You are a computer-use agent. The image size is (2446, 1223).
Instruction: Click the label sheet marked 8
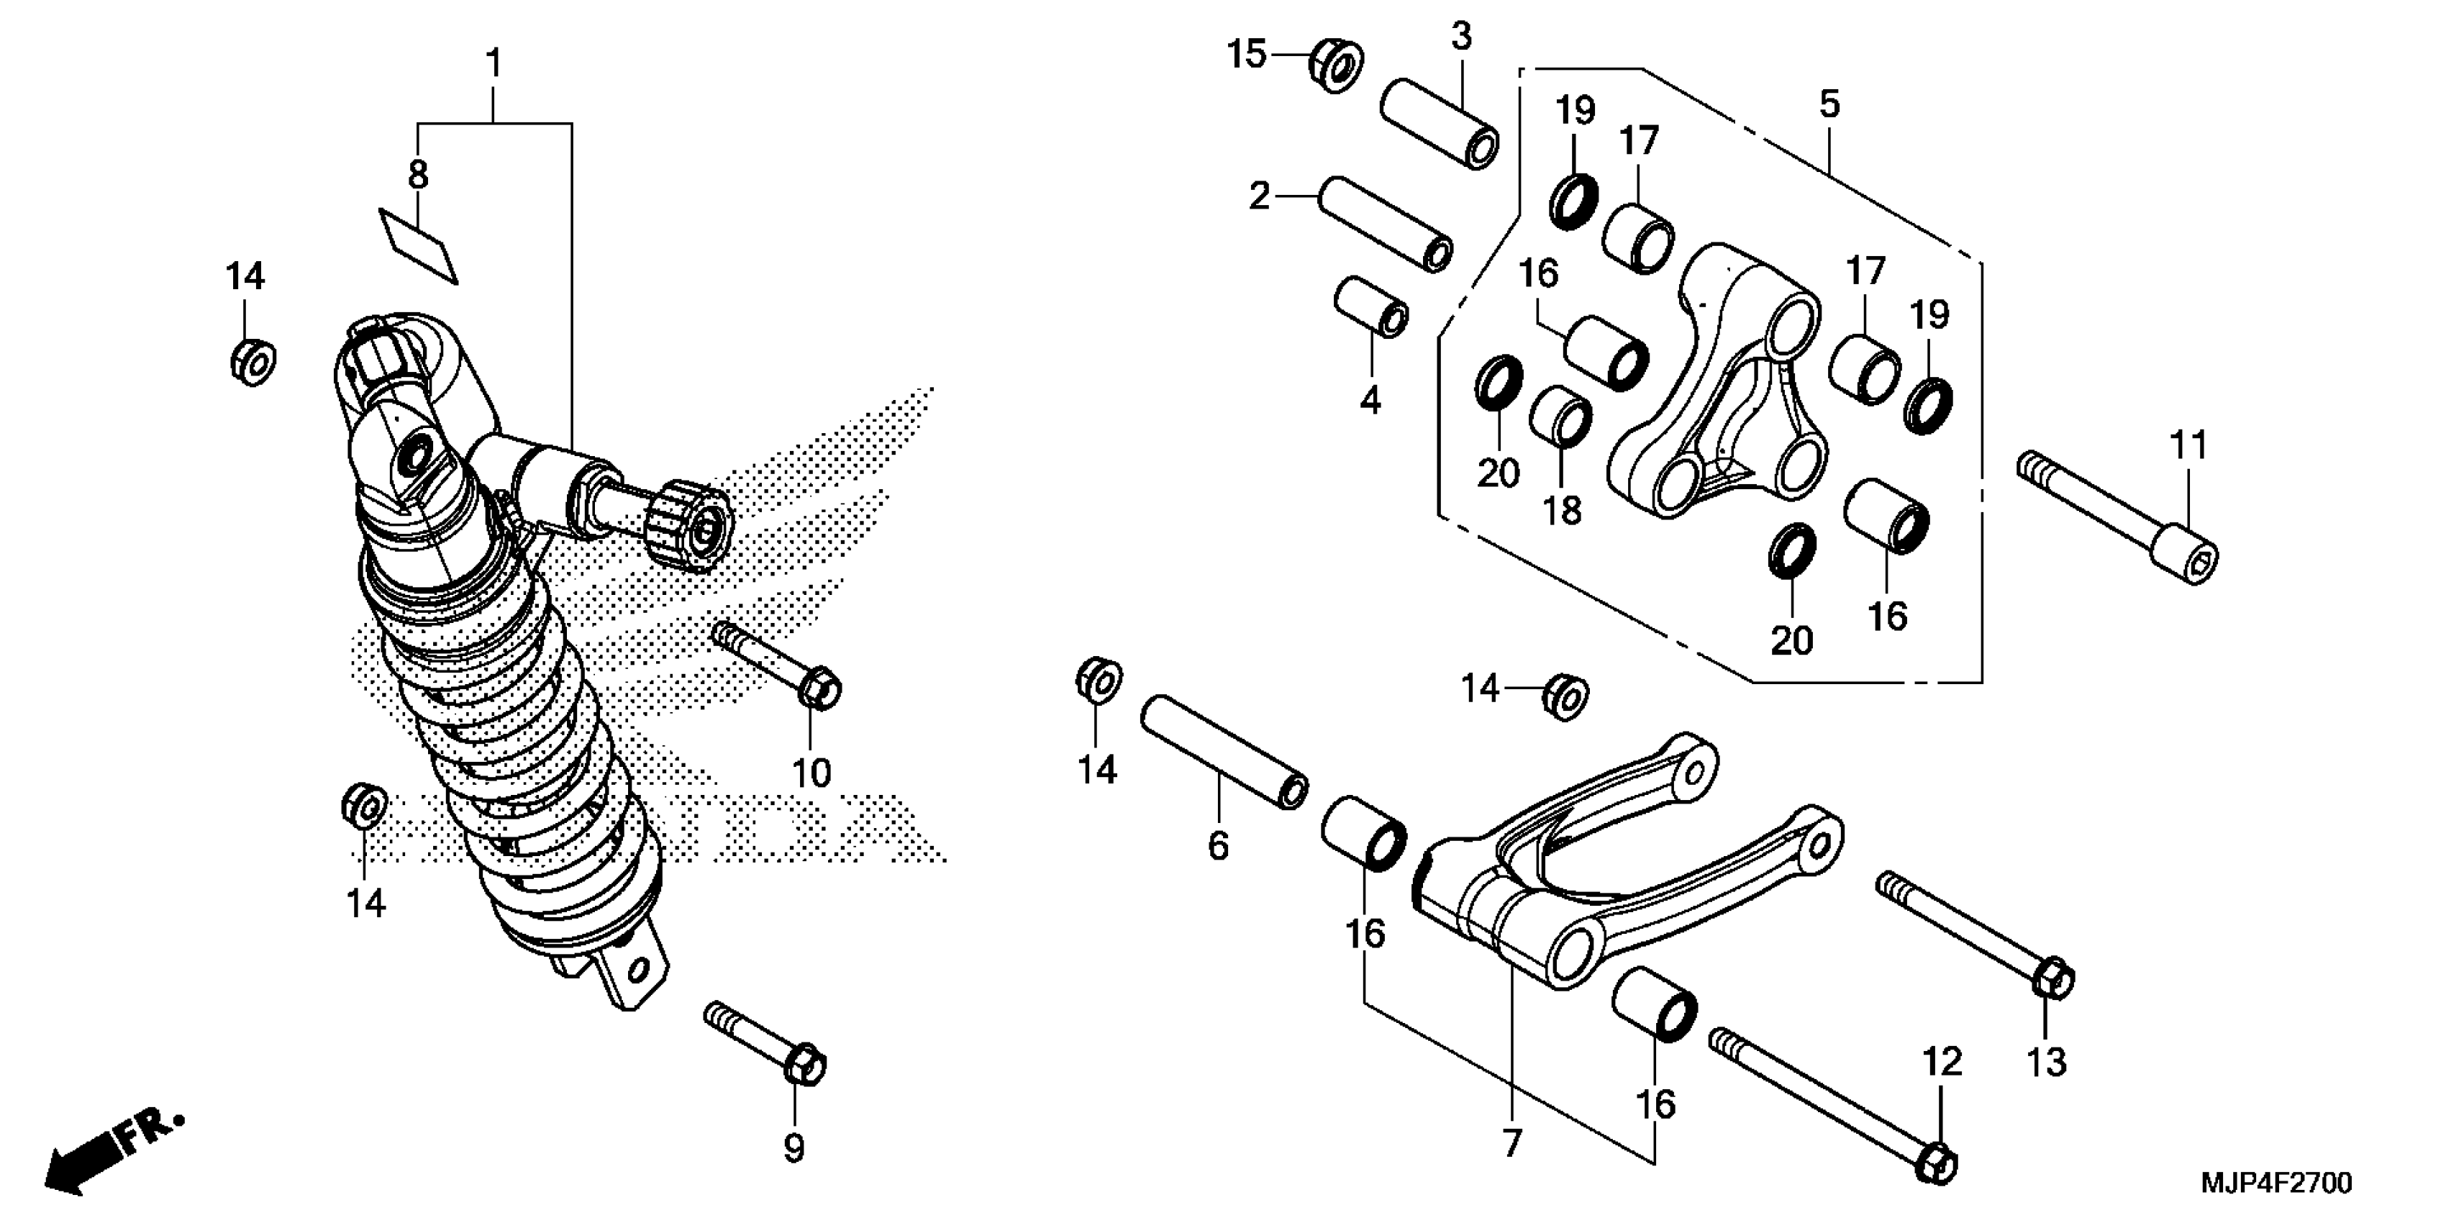pyautogui.click(x=419, y=246)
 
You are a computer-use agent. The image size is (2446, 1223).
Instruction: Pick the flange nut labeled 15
pyautogui.click(x=1336, y=65)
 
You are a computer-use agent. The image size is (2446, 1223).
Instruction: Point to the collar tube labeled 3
pyautogui.click(x=1440, y=124)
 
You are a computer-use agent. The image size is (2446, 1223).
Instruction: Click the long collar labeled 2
pyautogui.click(x=1384, y=224)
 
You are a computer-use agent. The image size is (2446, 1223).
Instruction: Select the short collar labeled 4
pyautogui.click(x=1371, y=306)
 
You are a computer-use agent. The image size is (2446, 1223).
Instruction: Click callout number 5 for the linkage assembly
pyautogui.click(x=1829, y=104)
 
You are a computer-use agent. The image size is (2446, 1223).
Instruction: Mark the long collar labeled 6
pyautogui.click(x=1223, y=751)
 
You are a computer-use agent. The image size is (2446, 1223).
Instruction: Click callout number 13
pyautogui.click(x=2046, y=1063)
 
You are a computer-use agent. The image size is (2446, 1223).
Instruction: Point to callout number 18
pyautogui.click(x=1562, y=512)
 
